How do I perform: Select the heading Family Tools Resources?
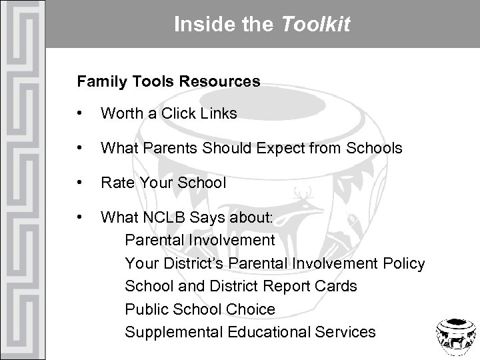(168, 82)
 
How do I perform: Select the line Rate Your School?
(163, 182)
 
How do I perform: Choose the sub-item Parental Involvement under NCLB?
(199, 239)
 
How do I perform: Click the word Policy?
(404, 263)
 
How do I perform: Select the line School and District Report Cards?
(241, 286)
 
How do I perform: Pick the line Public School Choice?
(199, 309)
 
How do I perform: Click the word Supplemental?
(169, 332)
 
